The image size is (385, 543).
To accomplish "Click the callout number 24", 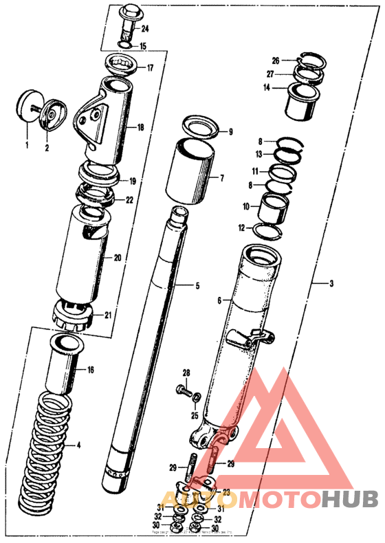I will point(145,28).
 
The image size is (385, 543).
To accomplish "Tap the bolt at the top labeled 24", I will point(129,20).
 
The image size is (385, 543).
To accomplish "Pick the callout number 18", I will point(140,128).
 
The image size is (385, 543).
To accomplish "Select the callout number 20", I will point(117,258).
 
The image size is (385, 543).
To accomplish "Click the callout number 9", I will point(230,131).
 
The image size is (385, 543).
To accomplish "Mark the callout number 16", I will point(90,370).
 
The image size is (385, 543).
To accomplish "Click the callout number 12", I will point(241,228).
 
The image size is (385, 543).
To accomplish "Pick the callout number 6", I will point(219,300).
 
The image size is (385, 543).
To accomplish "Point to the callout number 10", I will point(245,206).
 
